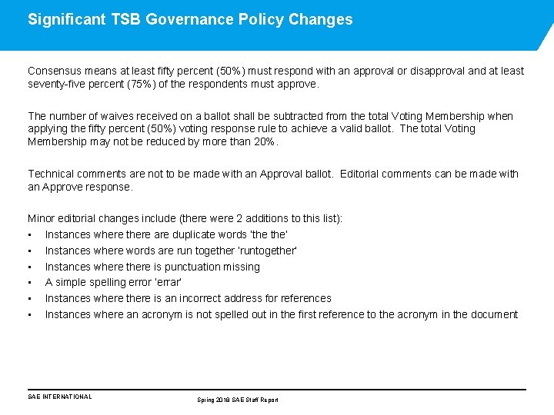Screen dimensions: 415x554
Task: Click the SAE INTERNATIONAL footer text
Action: [x=59, y=397]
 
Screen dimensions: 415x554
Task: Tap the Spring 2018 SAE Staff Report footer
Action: [x=238, y=400]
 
